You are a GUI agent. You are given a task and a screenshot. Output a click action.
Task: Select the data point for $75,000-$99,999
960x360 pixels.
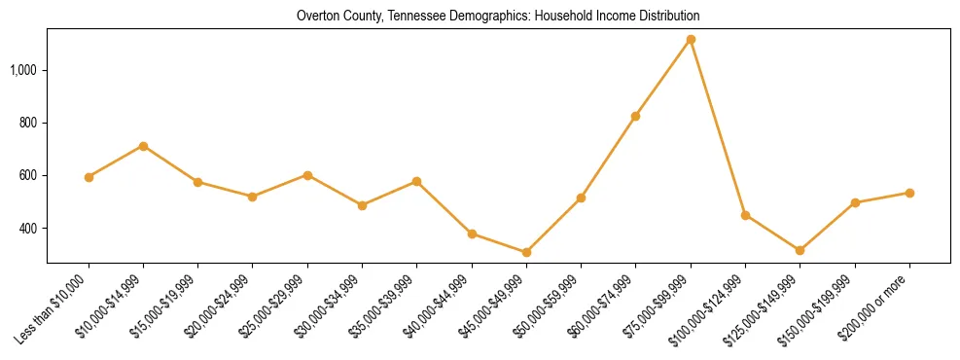pos(691,39)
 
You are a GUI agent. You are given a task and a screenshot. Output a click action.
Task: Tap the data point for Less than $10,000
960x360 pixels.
pos(89,177)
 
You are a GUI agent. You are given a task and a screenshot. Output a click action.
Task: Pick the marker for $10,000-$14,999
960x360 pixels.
pos(143,146)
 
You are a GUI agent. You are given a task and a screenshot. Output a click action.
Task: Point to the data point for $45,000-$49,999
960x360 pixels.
pos(526,252)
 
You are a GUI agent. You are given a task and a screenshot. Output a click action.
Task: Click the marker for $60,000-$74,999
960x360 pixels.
pos(635,116)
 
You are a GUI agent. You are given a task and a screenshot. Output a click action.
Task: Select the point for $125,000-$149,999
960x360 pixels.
pos(800,250)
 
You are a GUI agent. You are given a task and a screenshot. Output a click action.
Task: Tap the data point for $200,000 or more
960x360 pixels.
pos(909,193)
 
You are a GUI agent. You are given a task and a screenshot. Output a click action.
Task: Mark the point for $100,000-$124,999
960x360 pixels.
pos(745,215)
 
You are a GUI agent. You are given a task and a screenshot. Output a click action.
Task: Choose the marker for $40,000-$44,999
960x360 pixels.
pos(472,234)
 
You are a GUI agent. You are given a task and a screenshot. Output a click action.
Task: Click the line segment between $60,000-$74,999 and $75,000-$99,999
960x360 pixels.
pos(663,78)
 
